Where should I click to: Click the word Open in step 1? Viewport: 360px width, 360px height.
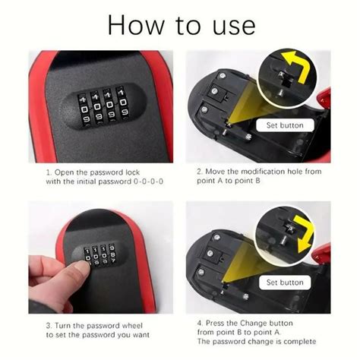[66, 172]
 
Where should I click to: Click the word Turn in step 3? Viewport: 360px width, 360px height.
[67, 324]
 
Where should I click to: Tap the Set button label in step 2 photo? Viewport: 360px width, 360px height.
[285, 125]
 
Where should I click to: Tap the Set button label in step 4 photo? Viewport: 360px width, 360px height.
[285, 283]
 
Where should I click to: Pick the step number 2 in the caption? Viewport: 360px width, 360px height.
[198, 172]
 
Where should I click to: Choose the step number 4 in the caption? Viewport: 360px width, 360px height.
[198, 324]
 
